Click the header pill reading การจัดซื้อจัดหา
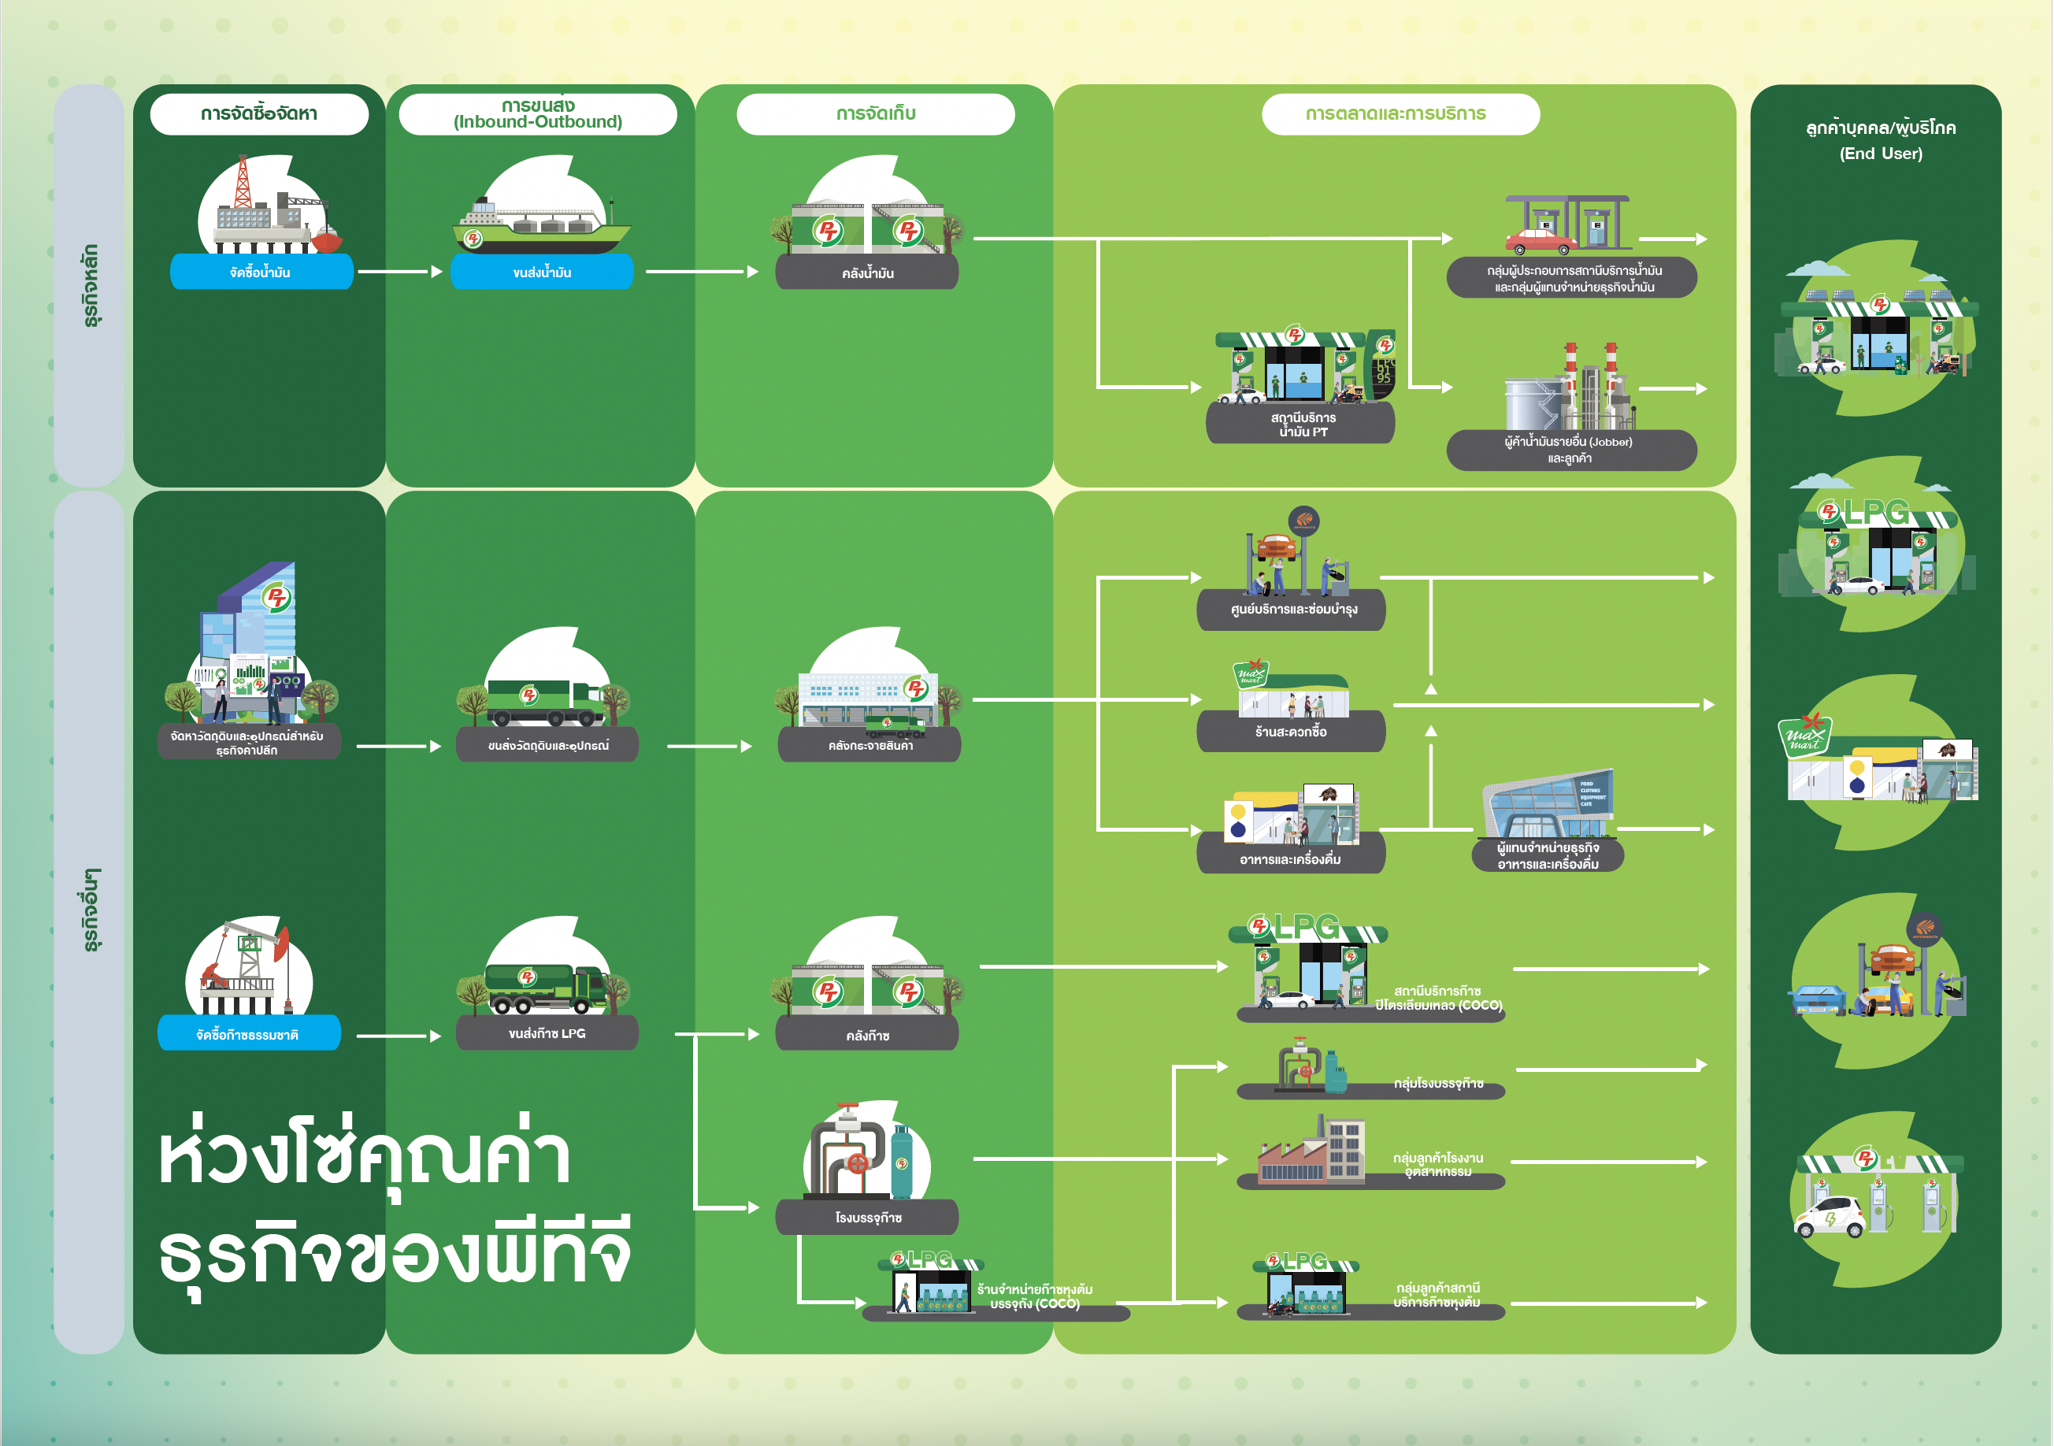click(258, 113)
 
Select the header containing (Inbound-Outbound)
click(538, 114)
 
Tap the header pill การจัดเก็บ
click(875, 113)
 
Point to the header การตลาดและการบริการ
click(1400, 113)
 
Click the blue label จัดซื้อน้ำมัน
click(261, 272)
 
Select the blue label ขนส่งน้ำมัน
click(542, 272)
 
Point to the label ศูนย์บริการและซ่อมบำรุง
click(1291, 610)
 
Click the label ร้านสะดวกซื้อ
click(1291, 732)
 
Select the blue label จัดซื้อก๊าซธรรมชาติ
click(249, 1034)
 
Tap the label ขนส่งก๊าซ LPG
click(547, 1033)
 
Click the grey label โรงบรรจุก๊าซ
click(867, 1218)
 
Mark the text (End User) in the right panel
click(1881, 154)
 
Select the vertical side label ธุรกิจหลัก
click(90, 287)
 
